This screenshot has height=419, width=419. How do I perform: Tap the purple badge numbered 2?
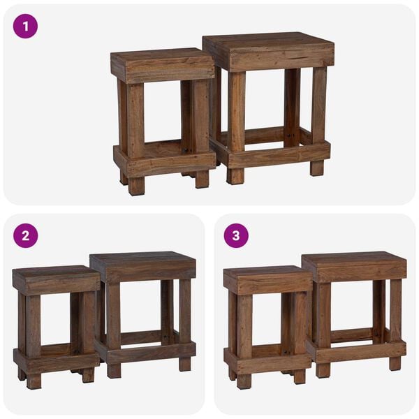[x=25, y=235]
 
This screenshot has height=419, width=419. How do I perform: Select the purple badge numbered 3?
[x=236, y=235]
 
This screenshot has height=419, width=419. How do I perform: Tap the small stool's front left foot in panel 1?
[x=136, y=186]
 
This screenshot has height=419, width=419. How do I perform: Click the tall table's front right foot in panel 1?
[x=317, y=168]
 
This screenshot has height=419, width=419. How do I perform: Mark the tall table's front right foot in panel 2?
[x=184, y=364]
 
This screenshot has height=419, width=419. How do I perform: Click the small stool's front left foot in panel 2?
[x=34, y=381]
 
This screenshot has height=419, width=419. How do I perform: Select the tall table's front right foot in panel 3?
[x=395, y=363]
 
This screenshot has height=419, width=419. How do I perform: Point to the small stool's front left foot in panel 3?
[x=243, y=381]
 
